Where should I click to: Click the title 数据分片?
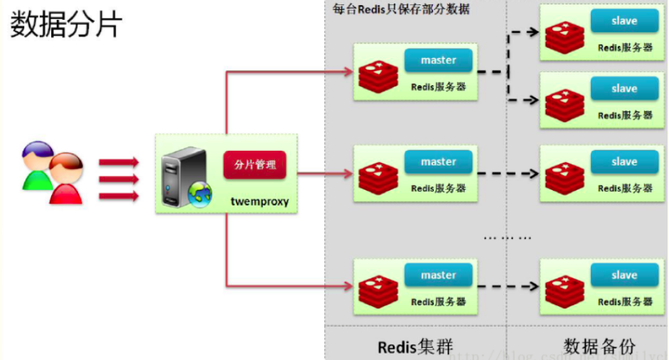65,24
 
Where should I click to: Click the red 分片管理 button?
255,164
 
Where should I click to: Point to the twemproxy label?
259,201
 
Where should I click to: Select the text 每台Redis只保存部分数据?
401,9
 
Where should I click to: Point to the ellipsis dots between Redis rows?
507,237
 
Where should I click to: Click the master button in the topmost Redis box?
438,60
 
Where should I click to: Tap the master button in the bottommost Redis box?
438,275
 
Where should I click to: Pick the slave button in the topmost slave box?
623,21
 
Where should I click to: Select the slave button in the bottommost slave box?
623,275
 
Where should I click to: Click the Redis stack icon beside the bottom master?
378,290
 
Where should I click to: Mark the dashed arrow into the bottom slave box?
508,286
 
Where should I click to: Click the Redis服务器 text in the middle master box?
438,189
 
